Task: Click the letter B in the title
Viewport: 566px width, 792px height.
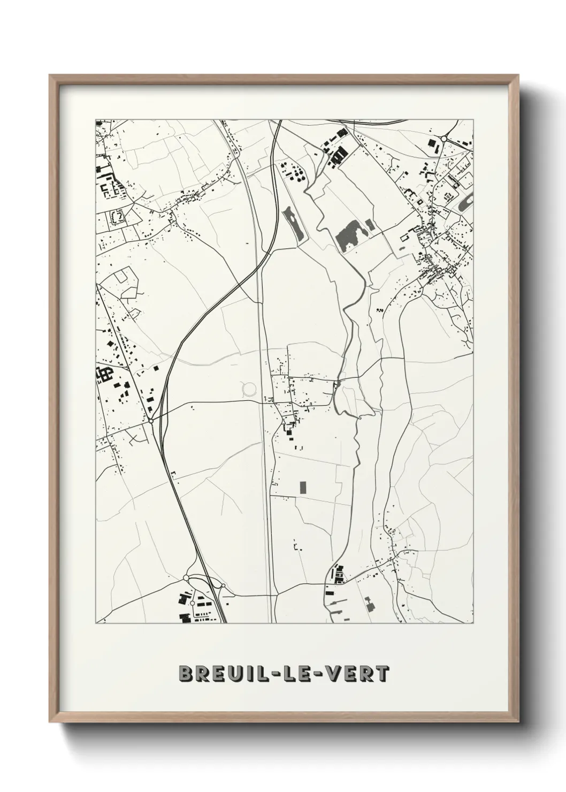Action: (x=186, y=674)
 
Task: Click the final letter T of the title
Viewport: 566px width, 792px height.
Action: (x=383, y=674)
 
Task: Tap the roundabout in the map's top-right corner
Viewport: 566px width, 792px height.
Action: (x=443, y=139)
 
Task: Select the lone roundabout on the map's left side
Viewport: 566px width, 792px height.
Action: (x=152, y=421)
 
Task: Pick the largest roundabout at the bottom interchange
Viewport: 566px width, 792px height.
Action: (x=187, y=578)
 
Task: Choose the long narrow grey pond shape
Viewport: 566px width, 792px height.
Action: (x=294, y=223)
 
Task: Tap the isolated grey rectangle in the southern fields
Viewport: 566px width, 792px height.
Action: (x=303, y=488)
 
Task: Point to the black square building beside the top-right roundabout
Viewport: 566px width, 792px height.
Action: (x=431, y=142)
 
